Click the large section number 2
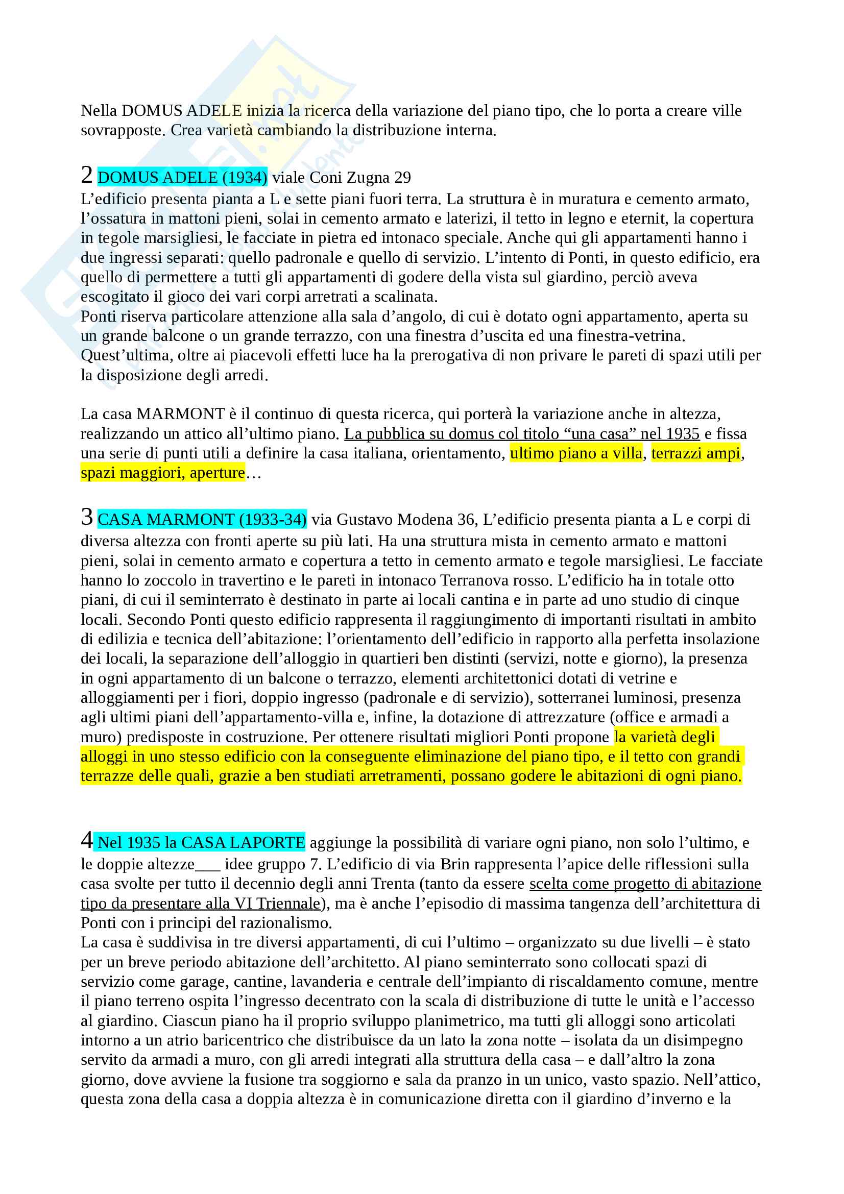point(86,175)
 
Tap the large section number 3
point(86,517)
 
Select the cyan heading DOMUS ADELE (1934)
point(182,178)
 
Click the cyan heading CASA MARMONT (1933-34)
point(202,520)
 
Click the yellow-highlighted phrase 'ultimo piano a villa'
point(575,453)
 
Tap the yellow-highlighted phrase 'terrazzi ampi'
point(696,453)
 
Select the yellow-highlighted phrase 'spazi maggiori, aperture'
point(162,473)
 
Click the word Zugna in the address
point(368,178)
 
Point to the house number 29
point(402,178)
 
